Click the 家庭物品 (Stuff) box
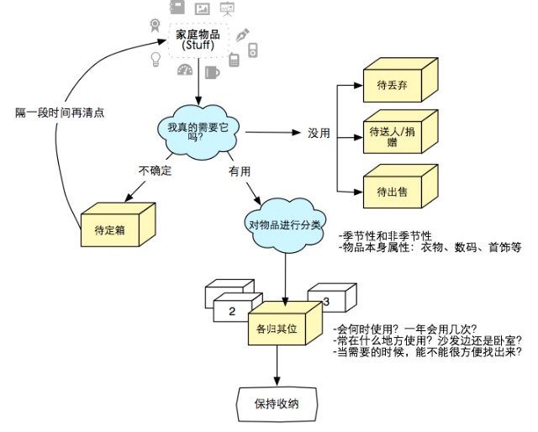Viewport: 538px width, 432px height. pos(198,40)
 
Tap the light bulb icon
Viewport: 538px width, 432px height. pos(156,60)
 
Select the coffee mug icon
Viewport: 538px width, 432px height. pos(212,72)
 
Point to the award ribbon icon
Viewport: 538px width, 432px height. pos(155,25)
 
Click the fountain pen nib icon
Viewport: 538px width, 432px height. pos(243,35)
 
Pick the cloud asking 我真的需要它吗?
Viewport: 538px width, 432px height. pos(198,132)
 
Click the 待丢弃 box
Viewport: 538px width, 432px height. pos(400,80)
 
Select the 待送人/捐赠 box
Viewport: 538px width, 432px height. pos(400,132)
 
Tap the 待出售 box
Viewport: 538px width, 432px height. pos(400,187)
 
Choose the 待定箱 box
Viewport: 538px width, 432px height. pos(118,224)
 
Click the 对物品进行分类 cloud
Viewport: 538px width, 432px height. pos(285,225)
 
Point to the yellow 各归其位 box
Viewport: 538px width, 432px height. pos(285,324)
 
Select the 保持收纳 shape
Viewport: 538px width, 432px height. pos(277,404)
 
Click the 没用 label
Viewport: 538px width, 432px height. pos(319,133)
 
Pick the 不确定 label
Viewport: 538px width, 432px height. pos(155,171)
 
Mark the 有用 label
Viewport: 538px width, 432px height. pos(240,171)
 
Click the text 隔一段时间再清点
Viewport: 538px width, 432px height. pos(60,113)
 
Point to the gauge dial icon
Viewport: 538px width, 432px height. pos(185,70)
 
